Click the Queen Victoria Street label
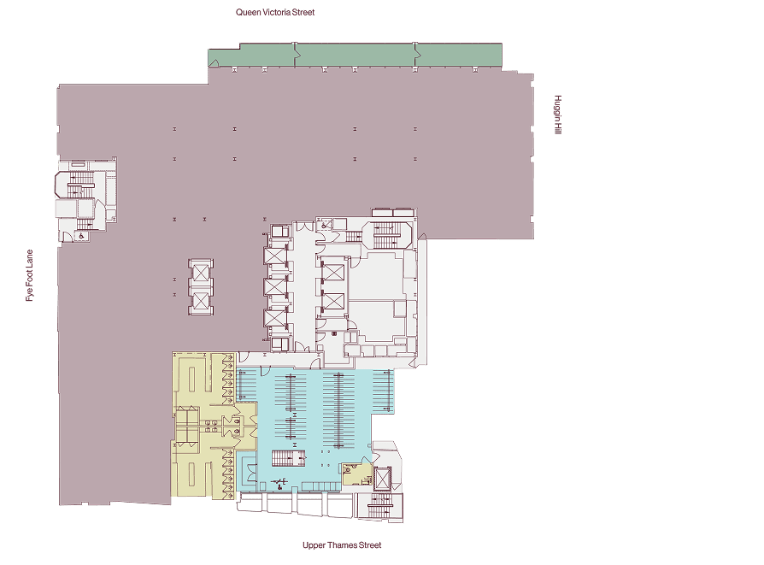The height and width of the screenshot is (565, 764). click(275, 12)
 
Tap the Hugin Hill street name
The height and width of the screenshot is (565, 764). click(558, 115)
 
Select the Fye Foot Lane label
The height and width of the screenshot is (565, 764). click(30, 275)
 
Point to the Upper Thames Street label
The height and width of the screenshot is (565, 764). click(342, 545)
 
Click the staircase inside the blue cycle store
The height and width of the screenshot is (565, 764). click(288, 458)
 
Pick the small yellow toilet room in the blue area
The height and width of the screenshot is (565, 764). click(356, 474)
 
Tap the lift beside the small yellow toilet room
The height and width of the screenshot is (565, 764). click(383, 478)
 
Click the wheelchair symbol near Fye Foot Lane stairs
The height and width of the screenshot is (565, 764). click(81, 237)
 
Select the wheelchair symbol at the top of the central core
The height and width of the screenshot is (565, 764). click(325, 225)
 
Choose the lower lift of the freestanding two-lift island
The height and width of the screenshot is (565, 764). click(200, 301)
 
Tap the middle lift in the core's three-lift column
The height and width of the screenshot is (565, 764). click(275, 286)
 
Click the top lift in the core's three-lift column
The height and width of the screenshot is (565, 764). click(275, 256)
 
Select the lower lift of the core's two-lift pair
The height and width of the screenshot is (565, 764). click(333, 301)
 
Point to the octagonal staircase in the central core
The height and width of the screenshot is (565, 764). click(387, 235)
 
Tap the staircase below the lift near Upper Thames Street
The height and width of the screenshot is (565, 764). click(379, 505)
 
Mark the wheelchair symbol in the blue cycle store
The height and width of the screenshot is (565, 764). click(279, 484)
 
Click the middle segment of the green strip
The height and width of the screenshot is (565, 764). click(356, 55)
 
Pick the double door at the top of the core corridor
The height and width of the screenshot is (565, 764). click(304, 227)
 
